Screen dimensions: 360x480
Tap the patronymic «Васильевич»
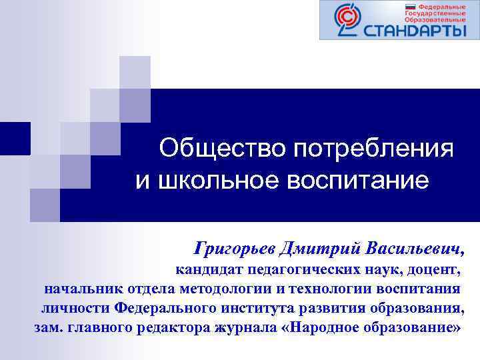[413, 250]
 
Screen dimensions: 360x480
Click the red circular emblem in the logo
[346, 20]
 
